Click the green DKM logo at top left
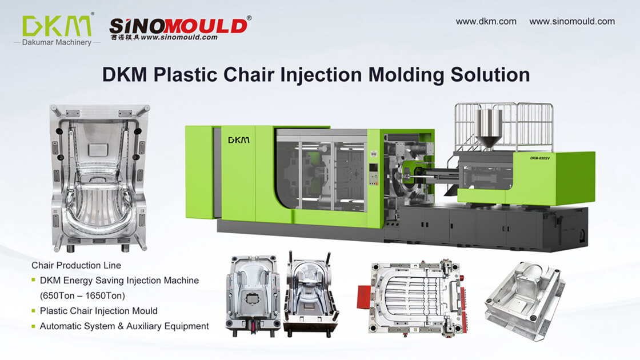tap(57, 25)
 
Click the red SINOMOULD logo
tap(178, 25)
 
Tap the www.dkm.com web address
tap(486, 21)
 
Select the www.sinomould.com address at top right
tap(572, 21)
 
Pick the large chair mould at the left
tap(99, 177)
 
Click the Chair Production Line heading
tap(76, 265)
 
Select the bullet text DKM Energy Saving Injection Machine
tap(119, 280)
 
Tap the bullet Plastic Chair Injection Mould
tap(98, 311)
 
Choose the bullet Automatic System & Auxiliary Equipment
tap(124, 326)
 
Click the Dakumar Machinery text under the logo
tap(57, 42)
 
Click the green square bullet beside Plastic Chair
tap(34, 311)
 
